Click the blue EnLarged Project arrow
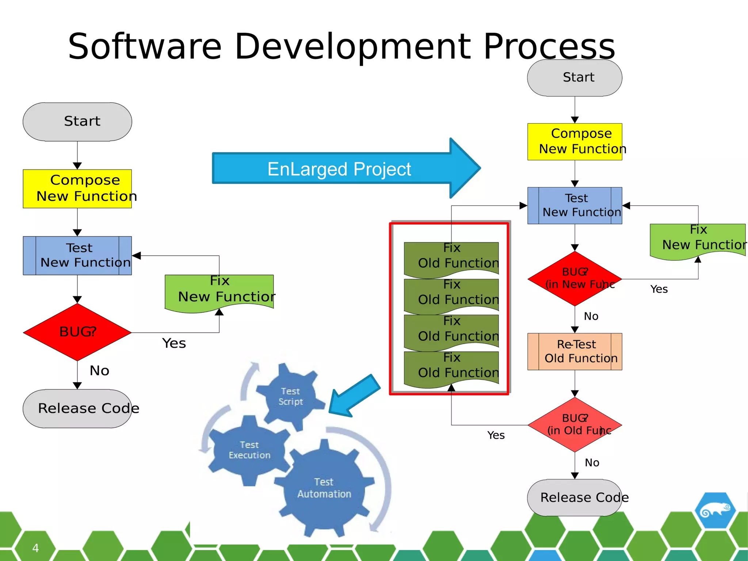coord(340,168)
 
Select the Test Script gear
coord(290,396)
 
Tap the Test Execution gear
coord(249,450)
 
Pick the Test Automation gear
coord(324,488)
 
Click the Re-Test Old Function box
coord(575,351)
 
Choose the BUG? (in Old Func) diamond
coord(575,424)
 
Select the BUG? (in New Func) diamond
coord(575,278)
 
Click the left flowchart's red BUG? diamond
coord(77,332)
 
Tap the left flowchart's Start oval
coord(77,122)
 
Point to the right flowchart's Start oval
coord(575,78)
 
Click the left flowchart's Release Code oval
coord(77,408)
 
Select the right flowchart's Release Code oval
coord(575,497)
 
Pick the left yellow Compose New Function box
coord(77,188)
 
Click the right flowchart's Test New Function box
coord(575,205)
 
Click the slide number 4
coord(35,548)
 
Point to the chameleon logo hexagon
coord(715,510)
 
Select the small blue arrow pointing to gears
coord(354,396)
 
